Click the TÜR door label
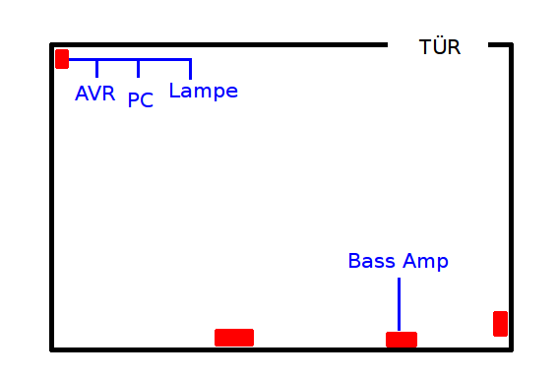tap(440, 46)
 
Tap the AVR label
tap(95, 94)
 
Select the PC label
tap(140, 99)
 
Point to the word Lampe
tap(203, 91)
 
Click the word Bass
tap(372, 261)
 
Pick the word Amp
tap(425, 262)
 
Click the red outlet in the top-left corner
tap(62, 59)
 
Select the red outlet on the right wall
tap(500, 324)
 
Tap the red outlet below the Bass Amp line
tap(402, 340)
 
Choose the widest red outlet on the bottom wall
tap(234, 338)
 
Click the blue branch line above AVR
tap(96, 68)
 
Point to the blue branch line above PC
tap(138, 68)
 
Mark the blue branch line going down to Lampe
tap(190, 69)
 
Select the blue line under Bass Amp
tap(399, 304)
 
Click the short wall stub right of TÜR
tap(500, 45)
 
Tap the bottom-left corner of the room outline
tap(51, 349)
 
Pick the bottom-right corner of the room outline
tap(511, 349)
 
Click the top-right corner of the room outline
tap(511, 45)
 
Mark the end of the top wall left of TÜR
tap(387, 45)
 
